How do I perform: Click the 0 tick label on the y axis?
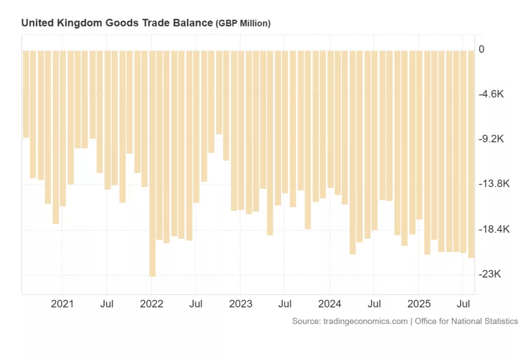(x=481, y=49)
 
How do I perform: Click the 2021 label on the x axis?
(x=62, y=304)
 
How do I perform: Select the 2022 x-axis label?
(x=151, y=304)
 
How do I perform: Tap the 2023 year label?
(x=241, y=304)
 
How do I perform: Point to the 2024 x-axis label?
(x=330, y=304)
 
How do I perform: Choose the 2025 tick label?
(x=419, y=304)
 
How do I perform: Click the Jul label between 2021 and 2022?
(x=107, y=304)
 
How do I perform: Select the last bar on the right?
(x=471, y=154)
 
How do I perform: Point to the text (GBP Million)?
(x=243, y=24)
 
